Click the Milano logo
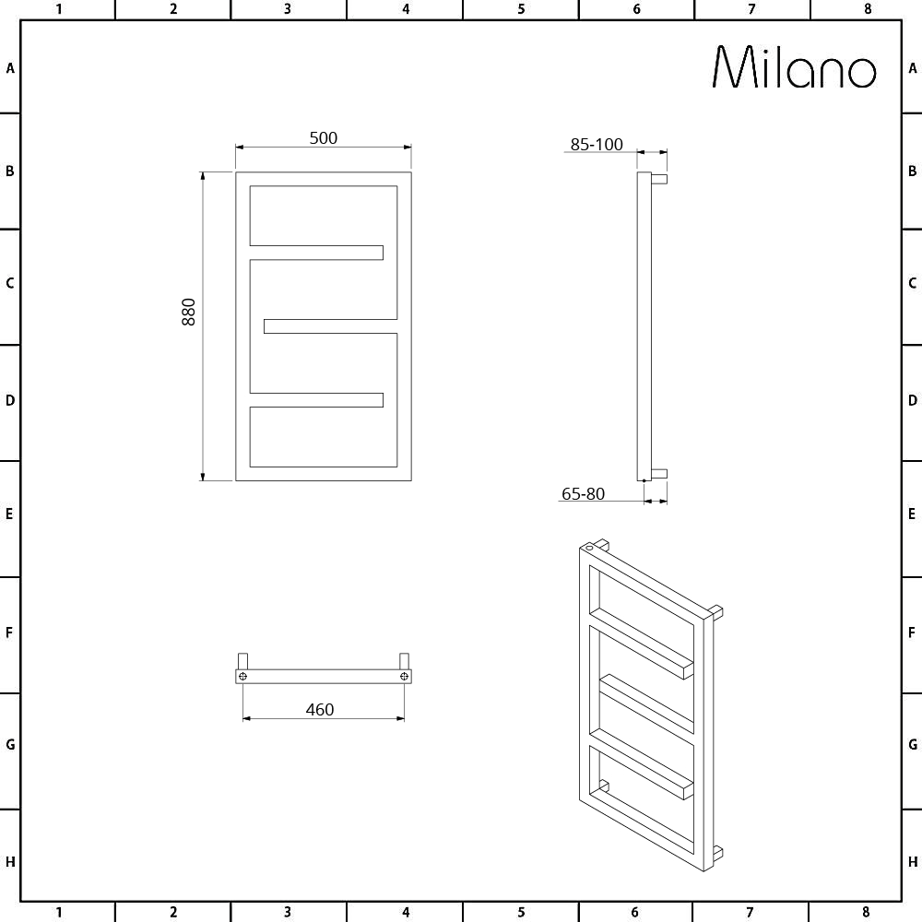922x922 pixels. point(794,67)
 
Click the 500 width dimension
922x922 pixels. point(323,138)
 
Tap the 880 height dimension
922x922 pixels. point(189,313)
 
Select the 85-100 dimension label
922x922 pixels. point(597,145)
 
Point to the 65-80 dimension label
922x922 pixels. point(583,494)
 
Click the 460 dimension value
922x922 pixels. point(319,710)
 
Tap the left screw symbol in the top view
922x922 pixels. point(243,677)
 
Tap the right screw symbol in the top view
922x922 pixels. point(404,677)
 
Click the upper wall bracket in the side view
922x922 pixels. point(658,178)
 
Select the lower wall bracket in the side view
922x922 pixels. point(658,473)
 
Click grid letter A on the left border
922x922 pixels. point(10,68)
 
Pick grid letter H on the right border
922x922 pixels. point(912,862)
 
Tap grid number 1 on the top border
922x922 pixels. point(58,9)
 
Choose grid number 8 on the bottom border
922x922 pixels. point(867,912)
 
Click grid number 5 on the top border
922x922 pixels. point(521,9)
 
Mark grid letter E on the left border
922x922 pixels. point(10,514)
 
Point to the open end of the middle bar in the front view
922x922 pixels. point(267,326)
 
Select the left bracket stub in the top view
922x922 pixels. point(243,660)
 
